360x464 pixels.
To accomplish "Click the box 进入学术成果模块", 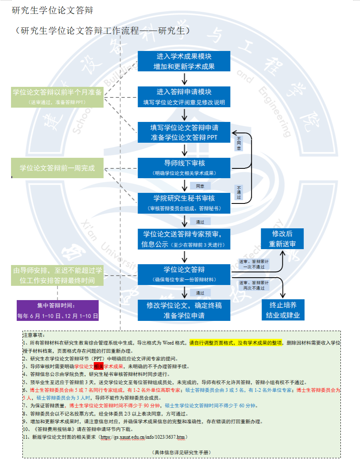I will coord(184,61).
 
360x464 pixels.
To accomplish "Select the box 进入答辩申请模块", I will coord(184,97).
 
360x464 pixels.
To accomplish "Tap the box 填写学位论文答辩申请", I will coord(184,133).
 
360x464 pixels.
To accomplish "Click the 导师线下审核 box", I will coord(184,168).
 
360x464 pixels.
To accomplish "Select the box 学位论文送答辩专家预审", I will coord(184,239).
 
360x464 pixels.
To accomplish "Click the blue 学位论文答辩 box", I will coord(184,274).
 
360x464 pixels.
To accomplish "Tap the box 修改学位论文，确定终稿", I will coord(184,310).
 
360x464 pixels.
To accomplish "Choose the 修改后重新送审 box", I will coord(282,239).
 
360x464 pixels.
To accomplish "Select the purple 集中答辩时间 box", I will coord(58,310).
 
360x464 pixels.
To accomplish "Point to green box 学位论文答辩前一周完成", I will coord(57,168).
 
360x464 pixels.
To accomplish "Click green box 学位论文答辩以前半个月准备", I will coord(57,97).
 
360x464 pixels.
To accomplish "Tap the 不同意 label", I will coord(239,144).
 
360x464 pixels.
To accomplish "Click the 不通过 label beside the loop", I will coord(239,192).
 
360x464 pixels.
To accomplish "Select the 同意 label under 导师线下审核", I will coord(200,186).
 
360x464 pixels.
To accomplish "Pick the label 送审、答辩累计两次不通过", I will coord(254,285).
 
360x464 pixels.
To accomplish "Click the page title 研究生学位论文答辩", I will coord(53,11).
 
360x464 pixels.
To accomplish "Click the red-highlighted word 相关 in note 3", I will coord(98,366).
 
